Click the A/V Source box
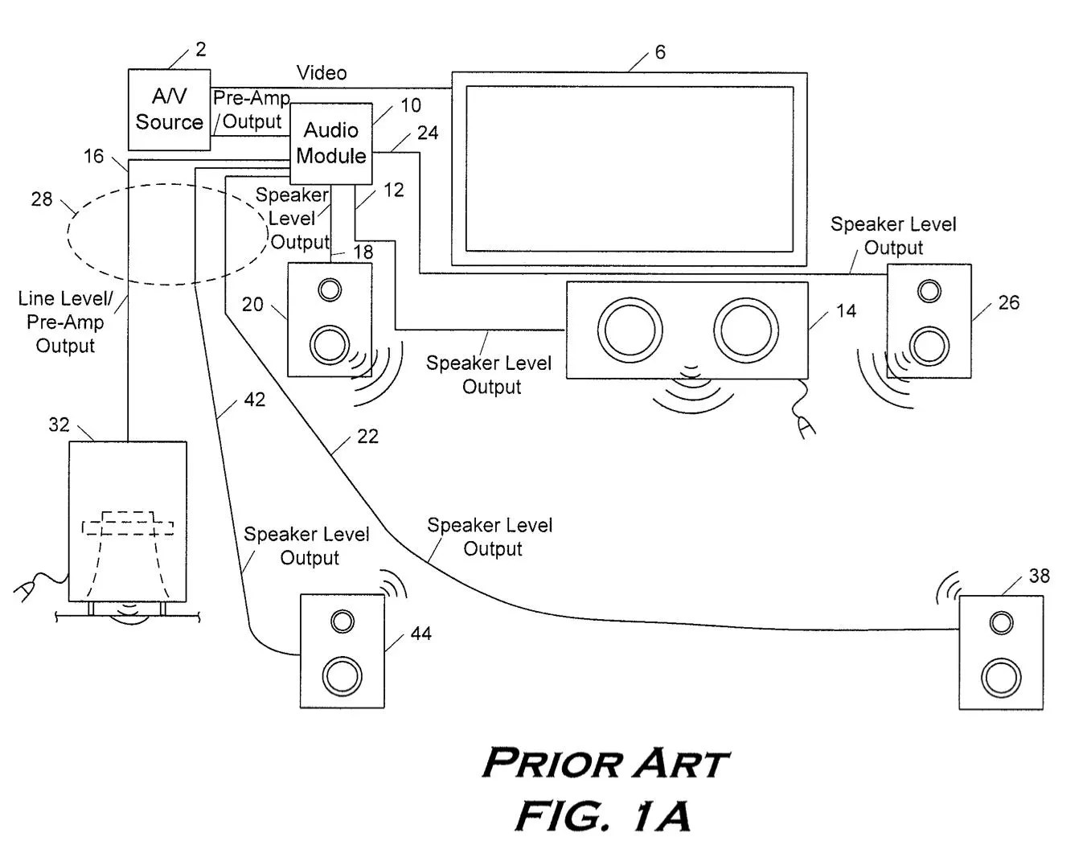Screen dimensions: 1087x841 pyautogui.click(x=169, y=110)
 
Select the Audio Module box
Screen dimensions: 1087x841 pyautogui.click(x=331, y=143)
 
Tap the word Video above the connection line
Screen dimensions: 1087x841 pyautogui.click(x=322, y=73)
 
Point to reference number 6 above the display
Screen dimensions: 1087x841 pyautogui.click(x=660, y=52)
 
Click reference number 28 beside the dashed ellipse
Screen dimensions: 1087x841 pyautogui.click(x=42, y=199)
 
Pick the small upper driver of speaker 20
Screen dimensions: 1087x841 pyautogui.click(x=330, y=289)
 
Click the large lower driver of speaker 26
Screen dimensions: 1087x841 pyautogui.click(x=929, y=346)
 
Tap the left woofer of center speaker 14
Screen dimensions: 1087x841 pyautogui.click(x=630, y=330)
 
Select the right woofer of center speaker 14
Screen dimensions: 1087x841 pyautogui.click(x=746, y=330)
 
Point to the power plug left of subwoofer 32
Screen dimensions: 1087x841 pyautogui.click(x=25, y=591)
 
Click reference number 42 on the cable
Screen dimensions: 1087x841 pyautogui.click(x=255, y=400)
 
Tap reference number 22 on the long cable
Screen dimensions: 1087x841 pyautogui.click(x=367, y=437)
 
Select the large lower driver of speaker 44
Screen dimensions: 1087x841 pyautogui.click(x=343, y=676)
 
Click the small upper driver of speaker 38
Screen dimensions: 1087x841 pyautogui.click(x=1002, y=623)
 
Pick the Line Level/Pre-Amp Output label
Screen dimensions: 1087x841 pyautogui.click(x=66, y=322)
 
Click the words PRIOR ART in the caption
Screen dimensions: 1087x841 pyautogui.click(x=605, y=763)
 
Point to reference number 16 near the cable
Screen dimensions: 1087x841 pyautogui.click(x=93, y=156)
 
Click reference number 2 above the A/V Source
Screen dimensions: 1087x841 pyautogui.click(x=200, y=49)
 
